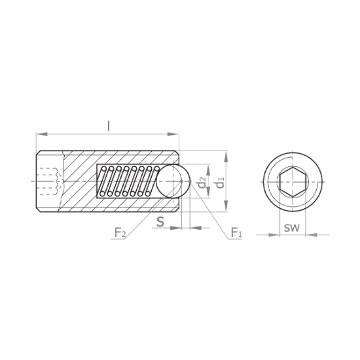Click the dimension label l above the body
click(109, 126)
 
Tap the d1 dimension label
click(220, 181)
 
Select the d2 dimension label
click(202, 183)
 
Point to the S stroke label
click(160, 221)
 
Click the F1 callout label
click(236, 232)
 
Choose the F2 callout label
click(120, 232)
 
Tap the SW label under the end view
click(292, 228)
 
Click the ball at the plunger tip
click(173, 181)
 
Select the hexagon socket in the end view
click(292, 182)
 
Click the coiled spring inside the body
click(129, 181)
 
